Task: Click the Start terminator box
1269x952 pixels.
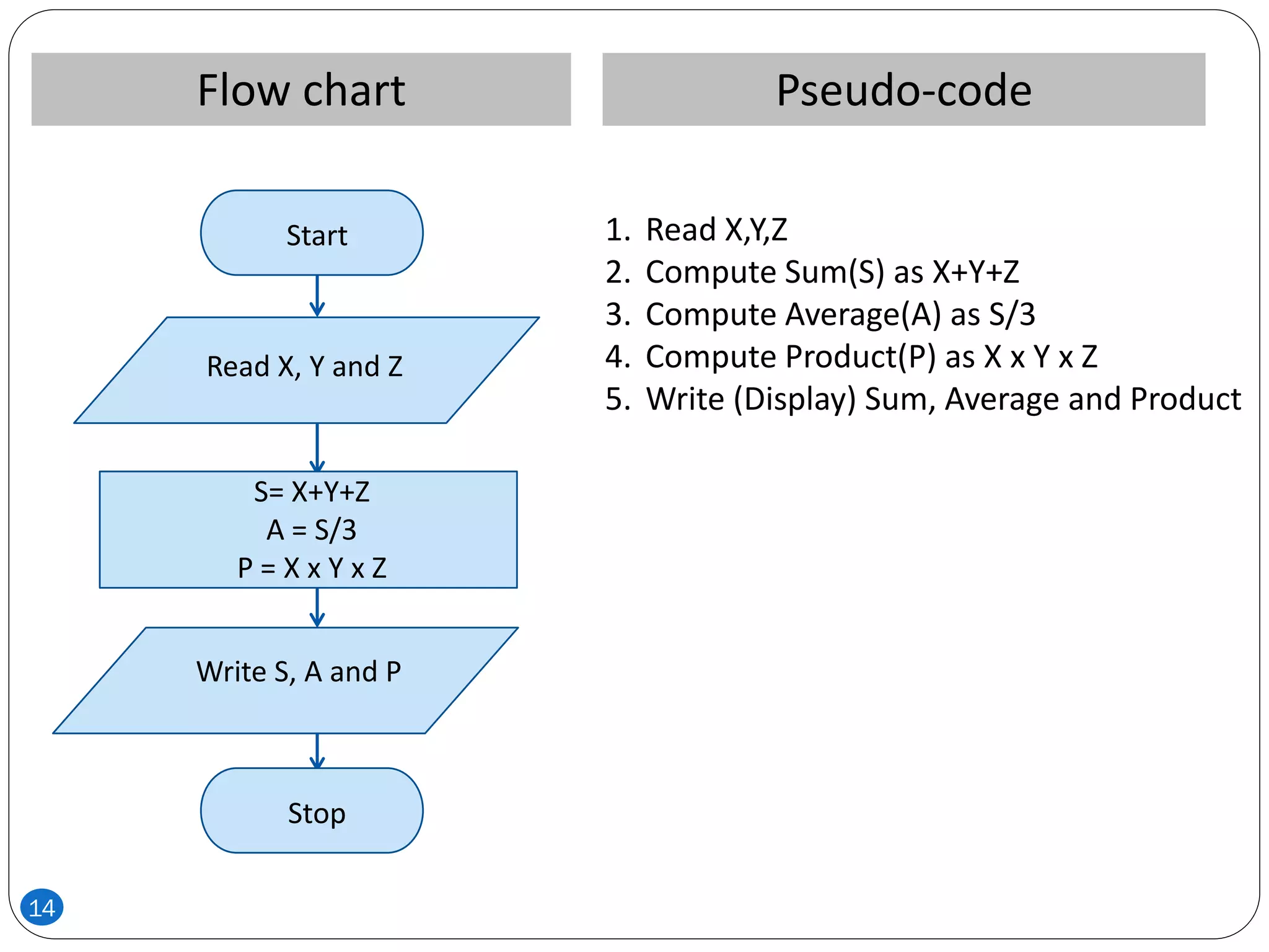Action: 312,233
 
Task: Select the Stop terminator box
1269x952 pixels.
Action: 312,811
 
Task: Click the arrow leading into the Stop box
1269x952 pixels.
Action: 317,751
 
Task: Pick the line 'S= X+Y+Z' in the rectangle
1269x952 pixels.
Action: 312,492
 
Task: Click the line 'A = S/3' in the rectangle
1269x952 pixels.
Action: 312,531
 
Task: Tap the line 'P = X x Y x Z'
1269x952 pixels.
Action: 312,568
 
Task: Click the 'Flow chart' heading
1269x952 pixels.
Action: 301,90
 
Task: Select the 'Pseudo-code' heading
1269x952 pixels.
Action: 903,90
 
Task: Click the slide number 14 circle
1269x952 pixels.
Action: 42,907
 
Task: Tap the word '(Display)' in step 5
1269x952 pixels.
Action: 794,399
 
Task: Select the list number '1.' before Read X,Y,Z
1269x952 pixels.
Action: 618,230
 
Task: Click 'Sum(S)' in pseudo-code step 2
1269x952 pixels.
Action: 833,272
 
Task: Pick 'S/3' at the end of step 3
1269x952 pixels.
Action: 1011,315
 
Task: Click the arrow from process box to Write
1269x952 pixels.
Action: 317,607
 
